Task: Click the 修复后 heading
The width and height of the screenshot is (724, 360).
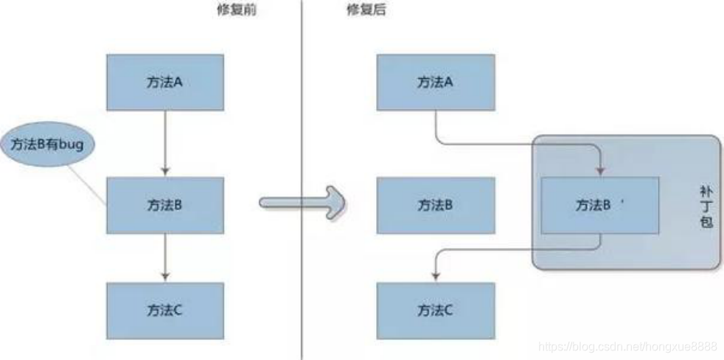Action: [x=366, y=10]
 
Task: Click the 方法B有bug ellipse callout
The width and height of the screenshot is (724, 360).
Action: [x=48, y=145]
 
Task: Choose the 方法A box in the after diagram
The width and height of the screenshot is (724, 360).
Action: [x=435, y=82]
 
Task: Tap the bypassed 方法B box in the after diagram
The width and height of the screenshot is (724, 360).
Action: [x=435, y=204]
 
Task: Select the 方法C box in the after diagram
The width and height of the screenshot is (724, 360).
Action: [x=435, y=309]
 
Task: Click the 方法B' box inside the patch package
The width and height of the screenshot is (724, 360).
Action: [x=599, y=207]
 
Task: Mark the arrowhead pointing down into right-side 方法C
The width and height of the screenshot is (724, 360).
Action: [x=435, y=276]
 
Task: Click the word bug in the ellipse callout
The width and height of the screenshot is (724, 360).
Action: [x=71, y=145]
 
